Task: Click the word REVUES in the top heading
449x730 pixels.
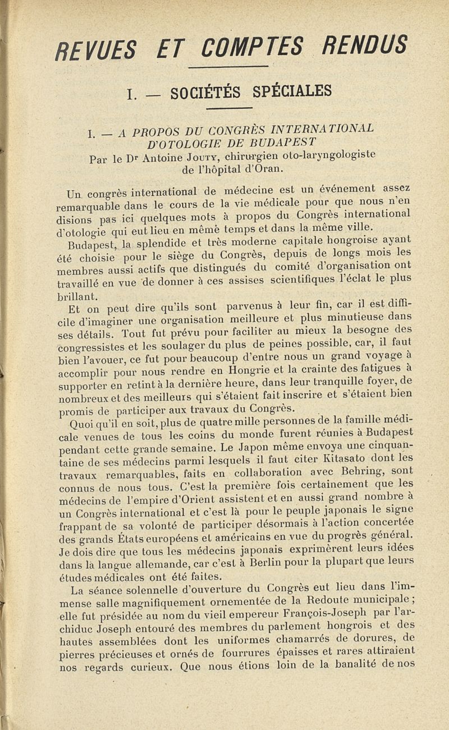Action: pyautogui.click(x=93, y=51)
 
